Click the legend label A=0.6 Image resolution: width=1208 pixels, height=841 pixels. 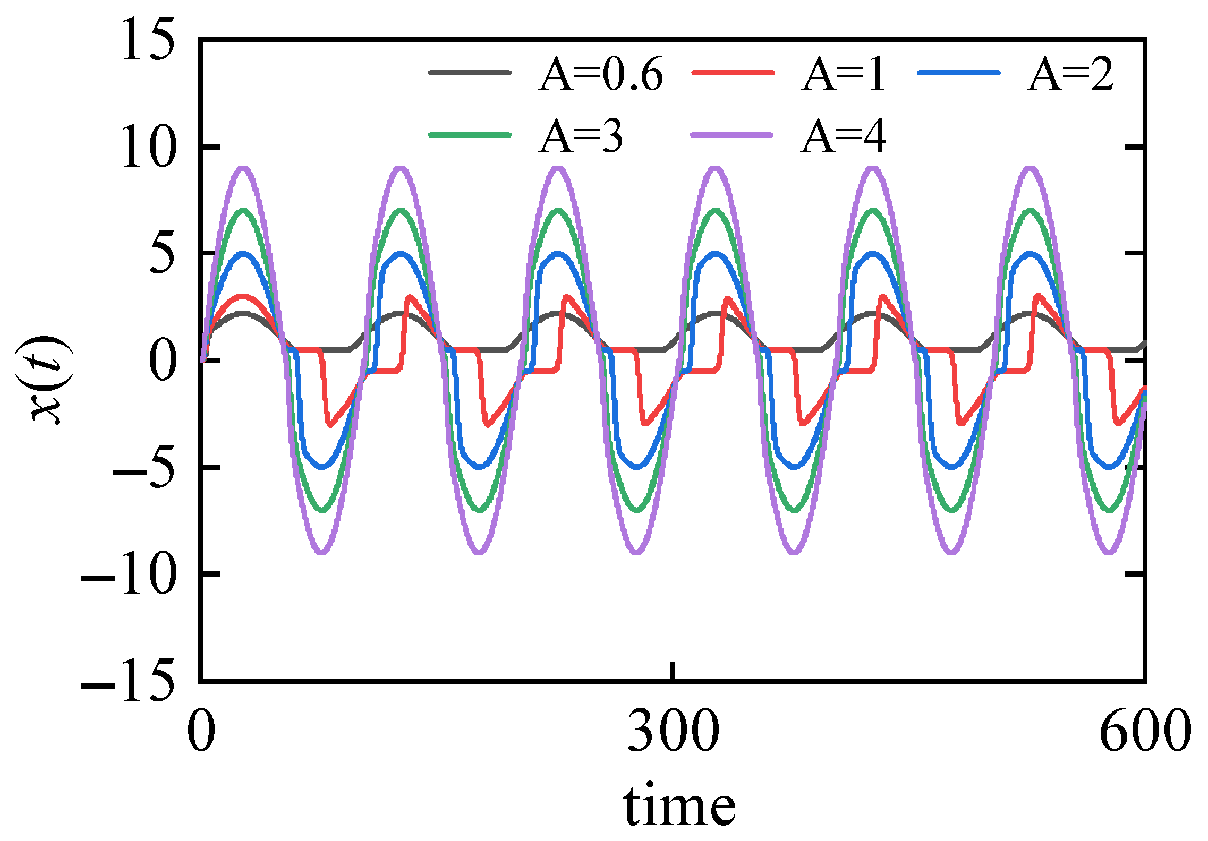(601, 74)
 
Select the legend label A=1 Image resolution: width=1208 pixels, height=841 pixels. (843, 74)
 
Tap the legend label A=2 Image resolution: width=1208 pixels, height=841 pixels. (1070, 74)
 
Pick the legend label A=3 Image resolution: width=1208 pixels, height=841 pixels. (581, 136)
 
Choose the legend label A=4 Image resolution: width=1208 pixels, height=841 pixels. (843, 136)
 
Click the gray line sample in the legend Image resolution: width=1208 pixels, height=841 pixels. (470, 73)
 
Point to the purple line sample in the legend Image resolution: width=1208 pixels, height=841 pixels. (731, 135)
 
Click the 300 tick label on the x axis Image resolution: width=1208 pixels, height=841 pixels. (673, 731)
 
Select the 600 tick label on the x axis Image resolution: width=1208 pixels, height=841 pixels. (1145, 731)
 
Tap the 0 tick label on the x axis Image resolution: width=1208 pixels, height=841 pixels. (201, 731)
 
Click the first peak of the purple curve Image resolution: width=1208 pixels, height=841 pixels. (243, 169)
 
